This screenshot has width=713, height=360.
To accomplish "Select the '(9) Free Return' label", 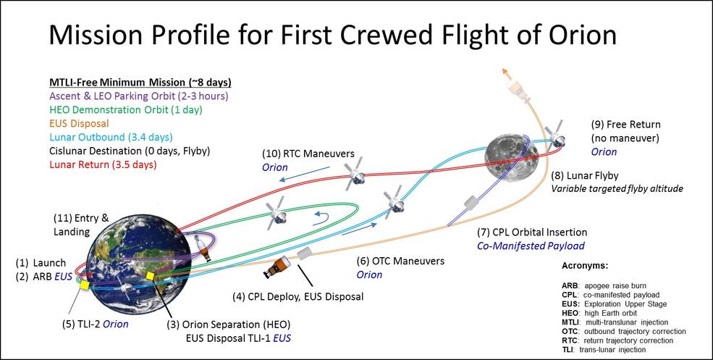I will point(625,125).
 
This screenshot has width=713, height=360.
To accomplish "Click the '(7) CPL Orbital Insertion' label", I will point(531,233).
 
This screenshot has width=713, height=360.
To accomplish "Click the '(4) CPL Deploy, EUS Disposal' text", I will point(298,296).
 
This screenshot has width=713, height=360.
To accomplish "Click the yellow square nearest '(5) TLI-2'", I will point(84,287).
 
